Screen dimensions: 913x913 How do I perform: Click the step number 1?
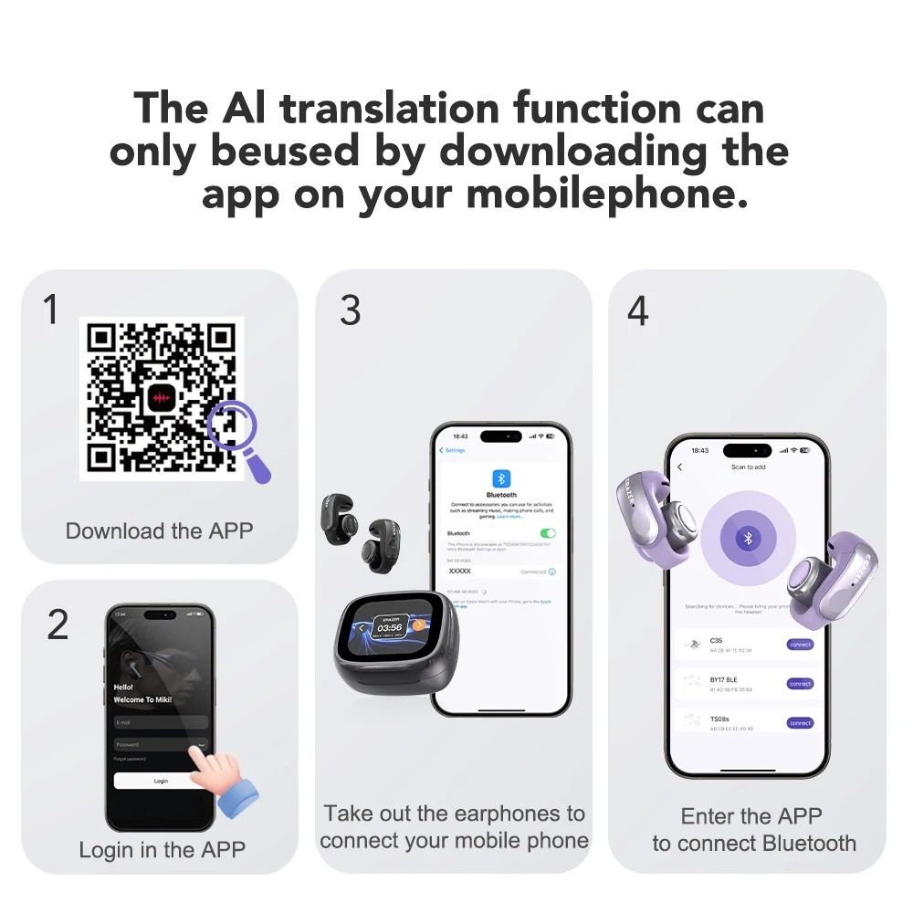(51, 310)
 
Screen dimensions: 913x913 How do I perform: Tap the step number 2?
(58, 624)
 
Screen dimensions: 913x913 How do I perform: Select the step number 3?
(350, 310)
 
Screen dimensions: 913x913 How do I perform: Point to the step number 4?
(637, 310)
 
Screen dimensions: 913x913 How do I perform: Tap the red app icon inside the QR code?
(162, 397)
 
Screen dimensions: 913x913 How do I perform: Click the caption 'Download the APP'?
(159, 530)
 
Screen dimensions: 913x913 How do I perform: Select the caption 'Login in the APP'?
(162, 849)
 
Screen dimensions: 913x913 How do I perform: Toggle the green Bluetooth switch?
(548, 533)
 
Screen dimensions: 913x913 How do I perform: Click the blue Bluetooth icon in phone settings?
(501, 478)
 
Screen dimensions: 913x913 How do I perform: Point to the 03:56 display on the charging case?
(390, 627)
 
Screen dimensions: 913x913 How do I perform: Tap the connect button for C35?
(800, 645)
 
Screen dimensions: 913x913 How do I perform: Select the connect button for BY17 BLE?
(800, 684)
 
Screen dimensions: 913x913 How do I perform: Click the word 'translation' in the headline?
(390, 109)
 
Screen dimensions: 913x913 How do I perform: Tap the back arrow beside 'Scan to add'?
(679, 467)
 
